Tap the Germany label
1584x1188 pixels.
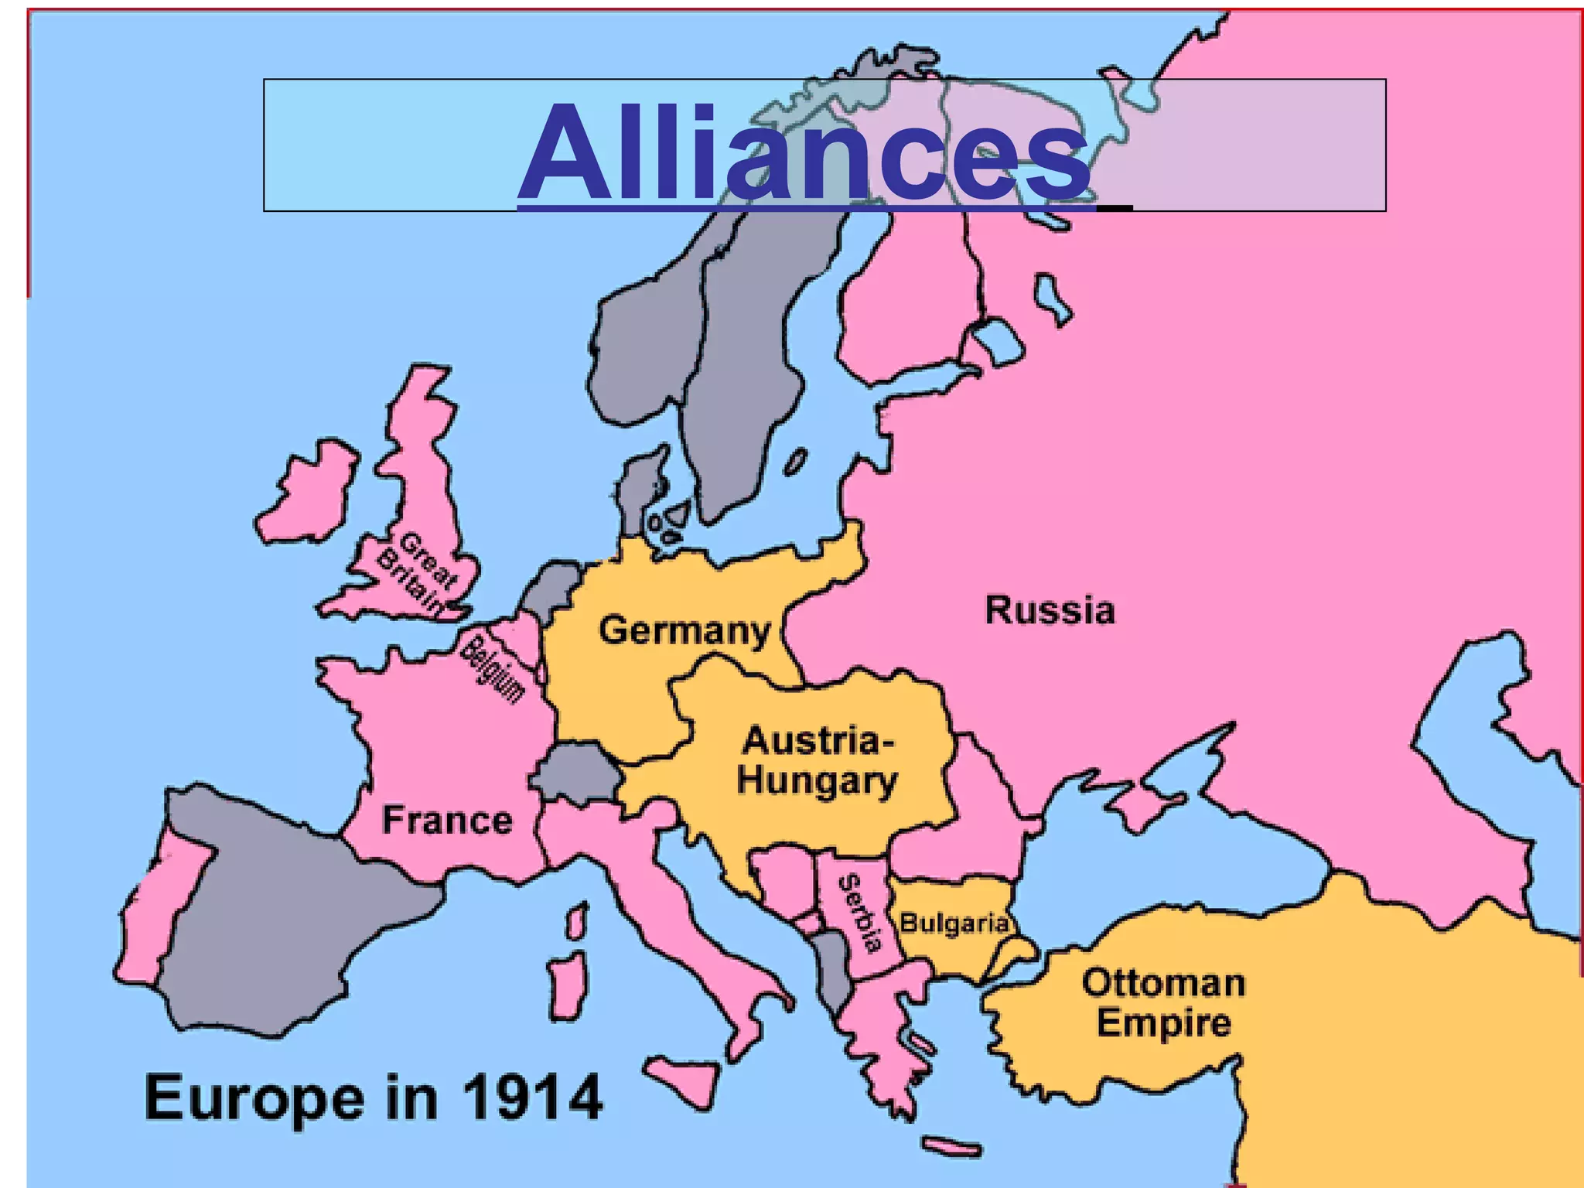[684, 630]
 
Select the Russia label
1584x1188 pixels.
[1050, 610]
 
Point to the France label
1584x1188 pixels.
[447, 820]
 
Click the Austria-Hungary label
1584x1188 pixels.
[817, 760]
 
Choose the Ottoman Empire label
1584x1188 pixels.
[1163, 1002]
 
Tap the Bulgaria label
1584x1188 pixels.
[954, 923]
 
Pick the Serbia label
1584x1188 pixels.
[860, 913]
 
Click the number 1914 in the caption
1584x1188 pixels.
[532, 1097]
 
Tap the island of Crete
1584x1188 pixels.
[951, 1147]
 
